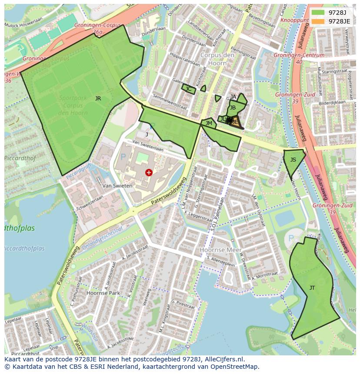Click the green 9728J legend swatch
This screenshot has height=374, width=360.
[318, 13]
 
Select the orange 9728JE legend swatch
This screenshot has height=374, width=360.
[318, 21]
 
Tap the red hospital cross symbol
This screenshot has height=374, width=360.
[149, 172]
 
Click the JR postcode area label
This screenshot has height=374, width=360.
[98, 99]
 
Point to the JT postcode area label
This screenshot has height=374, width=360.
[312, 288]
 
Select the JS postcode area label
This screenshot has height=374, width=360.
[293, 160]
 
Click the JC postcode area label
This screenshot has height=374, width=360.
[188, 89]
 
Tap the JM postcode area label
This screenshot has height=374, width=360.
[209, 123]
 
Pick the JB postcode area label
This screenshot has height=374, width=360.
[233, 108]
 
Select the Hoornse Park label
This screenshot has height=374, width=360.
[103, 293]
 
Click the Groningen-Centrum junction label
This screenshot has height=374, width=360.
[299, 56]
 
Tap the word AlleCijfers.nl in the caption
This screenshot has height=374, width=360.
[223, 360]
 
